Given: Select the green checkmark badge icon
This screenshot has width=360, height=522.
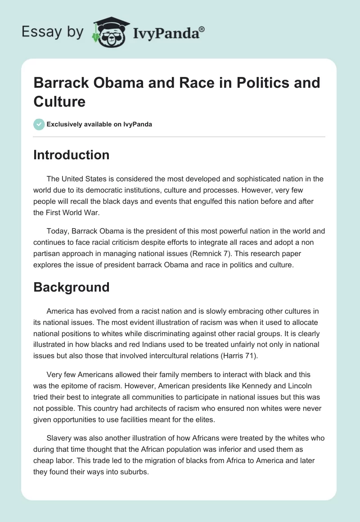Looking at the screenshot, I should click(39, 124).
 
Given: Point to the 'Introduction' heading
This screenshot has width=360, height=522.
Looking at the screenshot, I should click(72, 155).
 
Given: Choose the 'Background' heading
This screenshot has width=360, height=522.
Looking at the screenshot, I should click(72, 287).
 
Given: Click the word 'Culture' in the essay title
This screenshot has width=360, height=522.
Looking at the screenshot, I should click(59, 101).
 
